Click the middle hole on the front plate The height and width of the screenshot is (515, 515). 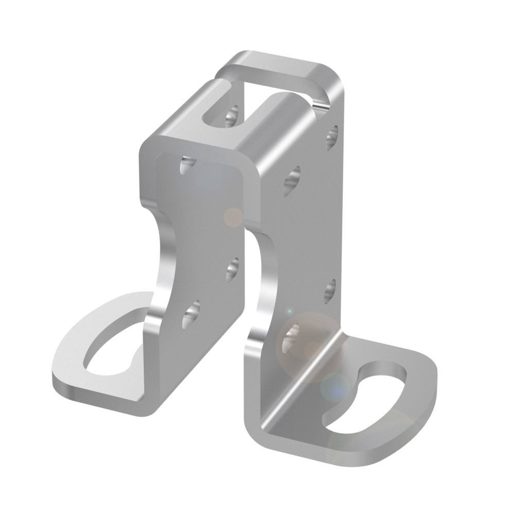[x=233, y=268]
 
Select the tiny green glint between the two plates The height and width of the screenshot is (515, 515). [x=289, y=312]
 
